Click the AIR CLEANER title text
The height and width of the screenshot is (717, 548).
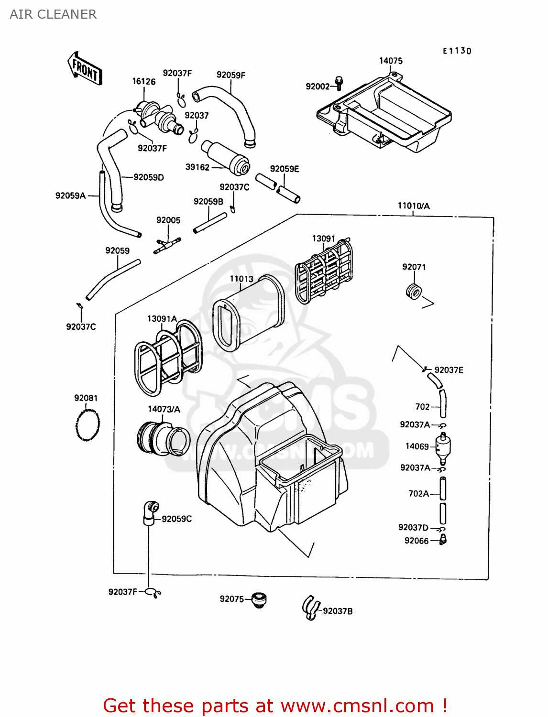53,14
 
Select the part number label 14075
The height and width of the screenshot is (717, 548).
391,61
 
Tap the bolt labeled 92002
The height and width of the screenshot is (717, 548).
339,83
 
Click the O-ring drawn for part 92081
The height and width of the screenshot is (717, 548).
88,424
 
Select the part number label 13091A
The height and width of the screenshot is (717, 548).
162,319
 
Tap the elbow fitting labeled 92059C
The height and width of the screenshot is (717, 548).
151,512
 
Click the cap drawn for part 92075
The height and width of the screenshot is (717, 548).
259,599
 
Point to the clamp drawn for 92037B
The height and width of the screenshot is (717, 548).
311,608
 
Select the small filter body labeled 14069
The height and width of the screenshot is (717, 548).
443,447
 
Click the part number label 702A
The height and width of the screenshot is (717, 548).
418,494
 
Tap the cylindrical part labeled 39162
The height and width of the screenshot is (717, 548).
226,157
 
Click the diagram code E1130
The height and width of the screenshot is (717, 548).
457,51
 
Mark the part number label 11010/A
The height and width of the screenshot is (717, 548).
414,206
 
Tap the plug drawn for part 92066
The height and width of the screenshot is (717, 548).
443,540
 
